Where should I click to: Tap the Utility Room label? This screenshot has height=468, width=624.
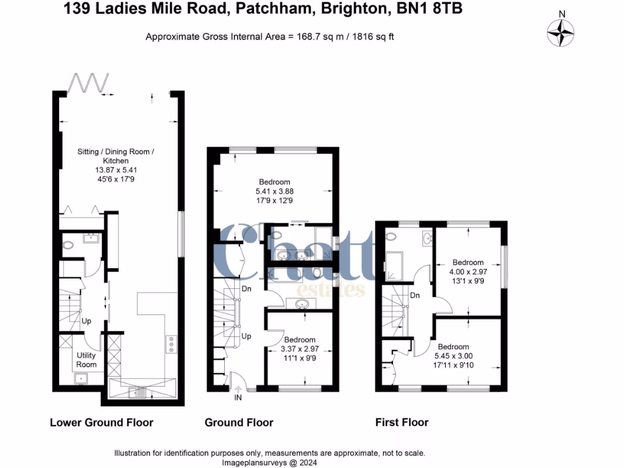87,360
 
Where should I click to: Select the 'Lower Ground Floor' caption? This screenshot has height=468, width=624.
101,422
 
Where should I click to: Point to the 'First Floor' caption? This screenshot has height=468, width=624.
403,422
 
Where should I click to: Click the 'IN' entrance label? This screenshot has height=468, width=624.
237,399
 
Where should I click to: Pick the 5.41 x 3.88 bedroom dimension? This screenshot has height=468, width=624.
274,191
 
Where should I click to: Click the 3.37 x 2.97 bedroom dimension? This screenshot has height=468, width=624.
299,349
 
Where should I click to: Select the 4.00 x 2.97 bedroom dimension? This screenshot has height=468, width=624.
467,272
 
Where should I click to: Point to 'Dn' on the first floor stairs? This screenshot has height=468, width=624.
414,296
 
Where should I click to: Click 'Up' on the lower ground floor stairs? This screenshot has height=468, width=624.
87,321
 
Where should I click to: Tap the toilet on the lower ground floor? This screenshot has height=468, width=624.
68,246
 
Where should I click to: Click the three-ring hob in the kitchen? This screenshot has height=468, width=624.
171,344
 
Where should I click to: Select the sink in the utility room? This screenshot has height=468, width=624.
80,378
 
